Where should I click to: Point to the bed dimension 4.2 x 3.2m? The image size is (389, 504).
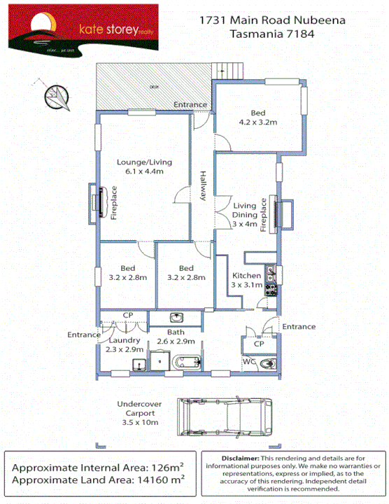click(258, 122)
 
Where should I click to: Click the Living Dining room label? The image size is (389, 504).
click(245, 214)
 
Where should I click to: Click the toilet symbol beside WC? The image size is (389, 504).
click(267, 364)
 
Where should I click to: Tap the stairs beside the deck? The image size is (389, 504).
click(228, 70)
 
